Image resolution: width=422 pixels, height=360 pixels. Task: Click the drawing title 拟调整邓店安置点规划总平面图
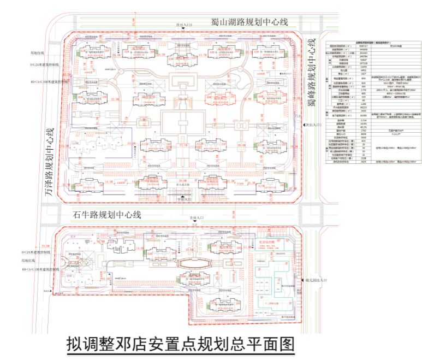click(x=180, y=344)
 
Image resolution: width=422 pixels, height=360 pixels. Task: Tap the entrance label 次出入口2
click(x=184, y=25)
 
